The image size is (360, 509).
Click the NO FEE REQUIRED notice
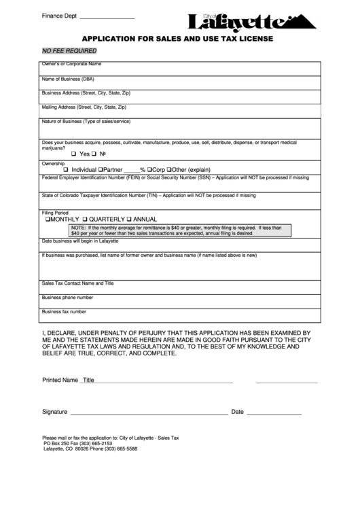point(69,51)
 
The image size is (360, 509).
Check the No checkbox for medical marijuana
point(95,155)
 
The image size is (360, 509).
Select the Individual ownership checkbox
point(66,170)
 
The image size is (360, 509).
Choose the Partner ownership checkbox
point(101,170)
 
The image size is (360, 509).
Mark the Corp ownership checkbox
point(149,170)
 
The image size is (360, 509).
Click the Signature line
point(149,413)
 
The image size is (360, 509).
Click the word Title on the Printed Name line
point(88,381)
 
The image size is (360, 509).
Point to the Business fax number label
point(64,312)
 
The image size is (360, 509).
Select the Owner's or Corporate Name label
point(71,64)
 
